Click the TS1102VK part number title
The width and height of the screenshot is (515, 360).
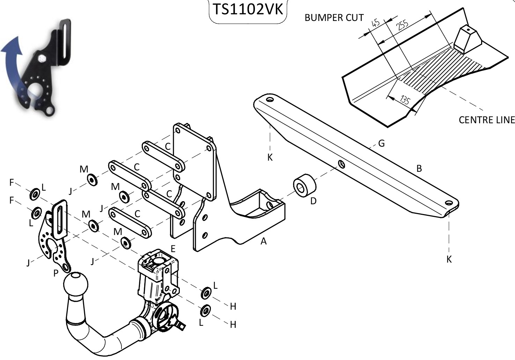[x=248, y=10]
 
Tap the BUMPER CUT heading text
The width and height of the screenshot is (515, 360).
[x=334, y=18]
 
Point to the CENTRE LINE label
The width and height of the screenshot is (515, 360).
[x=487, y=120]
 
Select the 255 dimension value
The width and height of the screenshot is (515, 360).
[x=403, y=25]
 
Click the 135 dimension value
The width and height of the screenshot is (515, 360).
[x=405, y=101]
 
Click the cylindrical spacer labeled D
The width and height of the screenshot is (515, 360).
[x=304, y=185]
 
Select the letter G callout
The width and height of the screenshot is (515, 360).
[x=381, y=144]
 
